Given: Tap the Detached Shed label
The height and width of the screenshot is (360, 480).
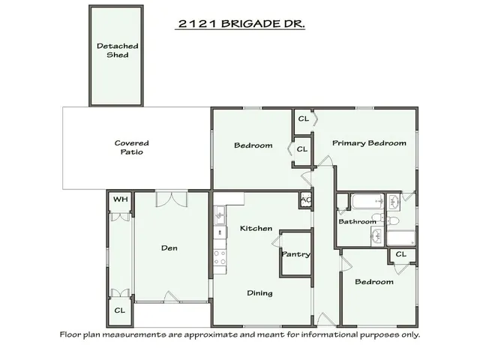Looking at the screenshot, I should [x=118, y=50].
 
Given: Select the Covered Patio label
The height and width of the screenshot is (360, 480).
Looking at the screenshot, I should [x=131, y=147].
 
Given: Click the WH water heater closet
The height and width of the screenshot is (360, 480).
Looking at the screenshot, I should [x=119, y=200].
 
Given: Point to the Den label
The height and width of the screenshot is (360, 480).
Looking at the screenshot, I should [x=169, y=248].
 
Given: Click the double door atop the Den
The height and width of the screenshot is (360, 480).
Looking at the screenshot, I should [x=172, y=199].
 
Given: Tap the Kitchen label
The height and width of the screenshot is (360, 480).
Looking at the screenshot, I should [x=255, y=228].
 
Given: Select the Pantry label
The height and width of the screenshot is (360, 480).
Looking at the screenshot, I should [x=295, y=255].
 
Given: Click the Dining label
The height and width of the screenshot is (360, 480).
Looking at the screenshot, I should [x=259, y=293].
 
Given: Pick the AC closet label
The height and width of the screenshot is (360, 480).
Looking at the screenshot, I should [x=305, y=200].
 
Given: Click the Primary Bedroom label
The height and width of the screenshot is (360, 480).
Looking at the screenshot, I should [x=369, y=142].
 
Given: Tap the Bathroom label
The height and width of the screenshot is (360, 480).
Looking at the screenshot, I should [x=357, y=222].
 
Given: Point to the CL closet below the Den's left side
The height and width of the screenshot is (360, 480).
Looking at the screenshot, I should [x=120, y=310].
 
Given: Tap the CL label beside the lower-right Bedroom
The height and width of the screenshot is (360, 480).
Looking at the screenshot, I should [x=400, y=254].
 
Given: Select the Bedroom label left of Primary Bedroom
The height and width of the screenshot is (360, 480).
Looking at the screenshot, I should [x=253, y=145].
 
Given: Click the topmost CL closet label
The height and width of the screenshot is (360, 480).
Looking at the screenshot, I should [x=303, y=118].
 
